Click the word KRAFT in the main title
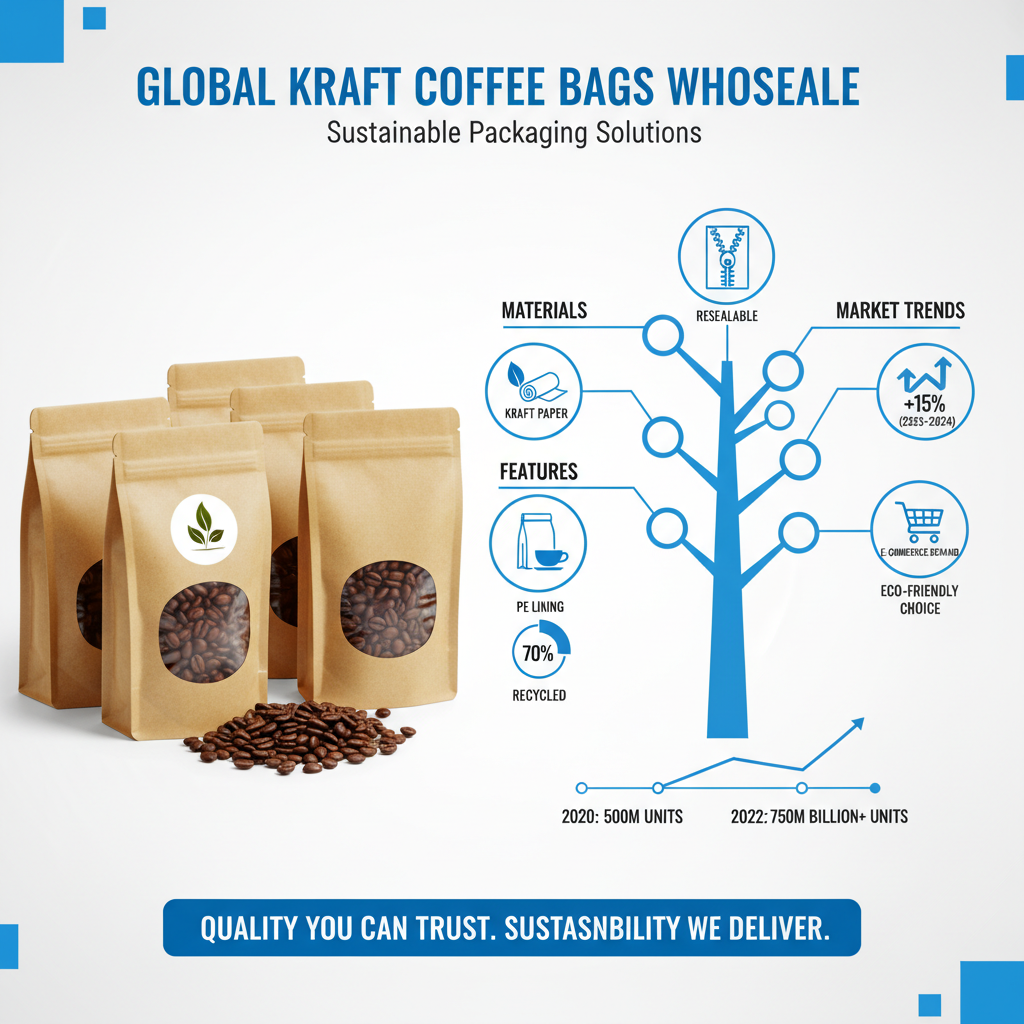(x=344, y=87)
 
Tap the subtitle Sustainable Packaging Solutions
(x=514, y=133)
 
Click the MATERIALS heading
(x=544, y=311)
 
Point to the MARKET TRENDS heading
(x=900, y=311)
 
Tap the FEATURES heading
(x=539, y=471)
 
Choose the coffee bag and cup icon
(x=538, y=543)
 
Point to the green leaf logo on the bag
(x=204, y=526)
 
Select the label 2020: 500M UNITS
(x=622, y=817)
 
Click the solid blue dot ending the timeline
(x=875, y=787)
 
